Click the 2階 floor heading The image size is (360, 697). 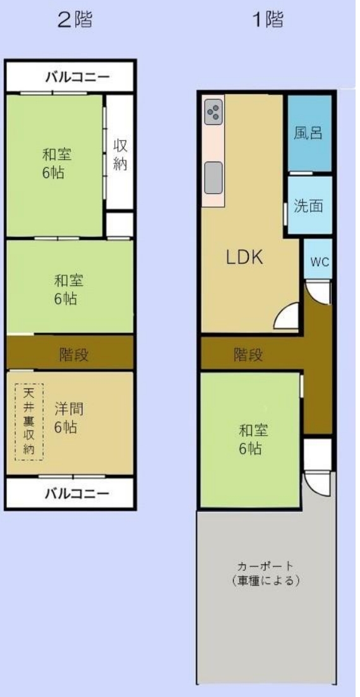click(76, 20)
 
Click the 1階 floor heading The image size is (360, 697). click(268, 20)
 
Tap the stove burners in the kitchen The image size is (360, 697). click(213, 112)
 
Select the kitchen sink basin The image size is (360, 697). click(213, 177)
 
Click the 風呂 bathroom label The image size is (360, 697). click(308, 132)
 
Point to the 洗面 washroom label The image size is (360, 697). click(308, 206)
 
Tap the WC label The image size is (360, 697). click(320, 262)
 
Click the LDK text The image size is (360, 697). click(245, 257)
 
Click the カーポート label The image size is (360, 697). click(265, 566)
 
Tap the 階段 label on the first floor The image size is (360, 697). click(248, 354)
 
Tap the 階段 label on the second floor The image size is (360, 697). click(74, 354)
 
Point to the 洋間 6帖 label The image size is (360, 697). click(69, 417)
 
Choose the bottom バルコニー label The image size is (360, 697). click(77, 494)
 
